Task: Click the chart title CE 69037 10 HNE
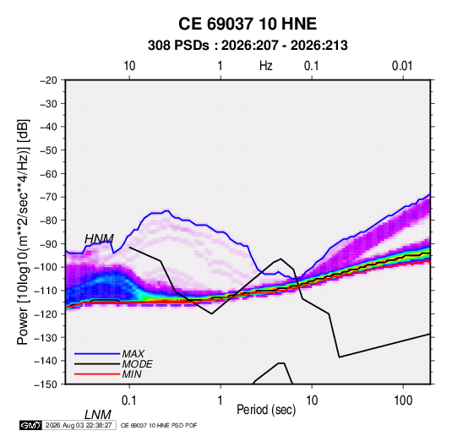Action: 248,24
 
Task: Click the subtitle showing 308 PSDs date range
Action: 248,46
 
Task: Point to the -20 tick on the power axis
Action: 48,80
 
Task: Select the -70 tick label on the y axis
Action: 48,197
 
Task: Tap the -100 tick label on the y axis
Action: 46,267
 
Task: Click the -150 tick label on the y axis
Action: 46,384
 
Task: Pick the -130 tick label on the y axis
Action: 46,337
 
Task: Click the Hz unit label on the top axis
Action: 266,66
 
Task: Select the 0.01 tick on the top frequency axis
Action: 402,66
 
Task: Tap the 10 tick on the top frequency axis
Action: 129,66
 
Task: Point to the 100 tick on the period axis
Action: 403,401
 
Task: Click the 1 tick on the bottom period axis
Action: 221,401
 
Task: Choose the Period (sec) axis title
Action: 266,410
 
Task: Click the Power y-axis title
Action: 23,232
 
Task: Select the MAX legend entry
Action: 133,354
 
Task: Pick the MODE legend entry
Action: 137,364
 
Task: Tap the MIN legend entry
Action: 132,374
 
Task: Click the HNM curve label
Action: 99,239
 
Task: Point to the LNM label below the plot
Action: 98,415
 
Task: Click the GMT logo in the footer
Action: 30,425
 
